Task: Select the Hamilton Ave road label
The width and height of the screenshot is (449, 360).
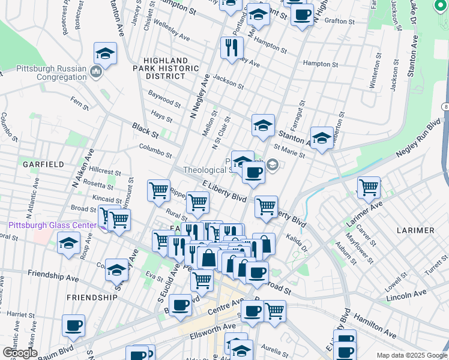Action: tap(375, 325)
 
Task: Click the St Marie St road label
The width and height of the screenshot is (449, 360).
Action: tap(289, 151)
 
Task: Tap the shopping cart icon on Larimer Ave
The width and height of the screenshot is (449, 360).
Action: tap(368, 187)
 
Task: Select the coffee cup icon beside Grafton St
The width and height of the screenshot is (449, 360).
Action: tap(302, 13)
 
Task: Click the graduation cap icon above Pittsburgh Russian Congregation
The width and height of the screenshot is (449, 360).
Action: tap(105, 53)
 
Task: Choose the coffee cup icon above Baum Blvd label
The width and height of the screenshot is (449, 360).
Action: tap(73, 325)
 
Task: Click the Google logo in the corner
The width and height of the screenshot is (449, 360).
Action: tap(19, 353)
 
